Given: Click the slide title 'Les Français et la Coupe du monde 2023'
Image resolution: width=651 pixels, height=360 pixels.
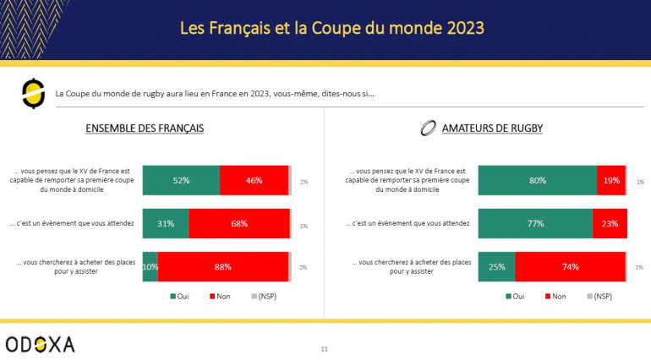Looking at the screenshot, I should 331,28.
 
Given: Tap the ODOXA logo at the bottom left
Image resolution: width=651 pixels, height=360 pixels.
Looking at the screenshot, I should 40,343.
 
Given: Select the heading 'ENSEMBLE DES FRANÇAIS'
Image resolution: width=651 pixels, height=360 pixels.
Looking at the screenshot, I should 145,128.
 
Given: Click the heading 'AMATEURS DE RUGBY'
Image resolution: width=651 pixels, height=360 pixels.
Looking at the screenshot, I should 492,128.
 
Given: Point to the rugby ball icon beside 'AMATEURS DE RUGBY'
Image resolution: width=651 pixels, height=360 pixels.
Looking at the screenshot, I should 428,129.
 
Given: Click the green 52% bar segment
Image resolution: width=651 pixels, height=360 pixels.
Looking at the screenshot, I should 181,180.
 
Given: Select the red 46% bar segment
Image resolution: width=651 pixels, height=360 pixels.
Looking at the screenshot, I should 254,180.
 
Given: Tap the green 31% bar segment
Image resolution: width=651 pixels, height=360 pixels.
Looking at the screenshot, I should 166,223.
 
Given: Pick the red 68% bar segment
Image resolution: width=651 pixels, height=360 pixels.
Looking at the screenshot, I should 238,223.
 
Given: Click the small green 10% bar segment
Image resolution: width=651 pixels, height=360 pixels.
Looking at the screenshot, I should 150,267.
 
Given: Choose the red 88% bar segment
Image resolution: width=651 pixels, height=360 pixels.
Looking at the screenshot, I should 222,267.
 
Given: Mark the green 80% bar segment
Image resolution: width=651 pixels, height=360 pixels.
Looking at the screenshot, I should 537,180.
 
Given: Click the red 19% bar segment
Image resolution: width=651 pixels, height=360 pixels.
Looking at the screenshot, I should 611,180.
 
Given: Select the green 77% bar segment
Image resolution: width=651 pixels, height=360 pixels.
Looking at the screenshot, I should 535,223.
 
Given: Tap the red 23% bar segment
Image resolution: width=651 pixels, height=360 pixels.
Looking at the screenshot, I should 610,223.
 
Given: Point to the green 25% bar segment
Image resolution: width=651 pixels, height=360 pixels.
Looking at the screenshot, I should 496,267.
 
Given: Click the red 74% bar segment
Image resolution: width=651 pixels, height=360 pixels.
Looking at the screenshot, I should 570,267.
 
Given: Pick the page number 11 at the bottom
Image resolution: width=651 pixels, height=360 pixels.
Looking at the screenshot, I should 325,348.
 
